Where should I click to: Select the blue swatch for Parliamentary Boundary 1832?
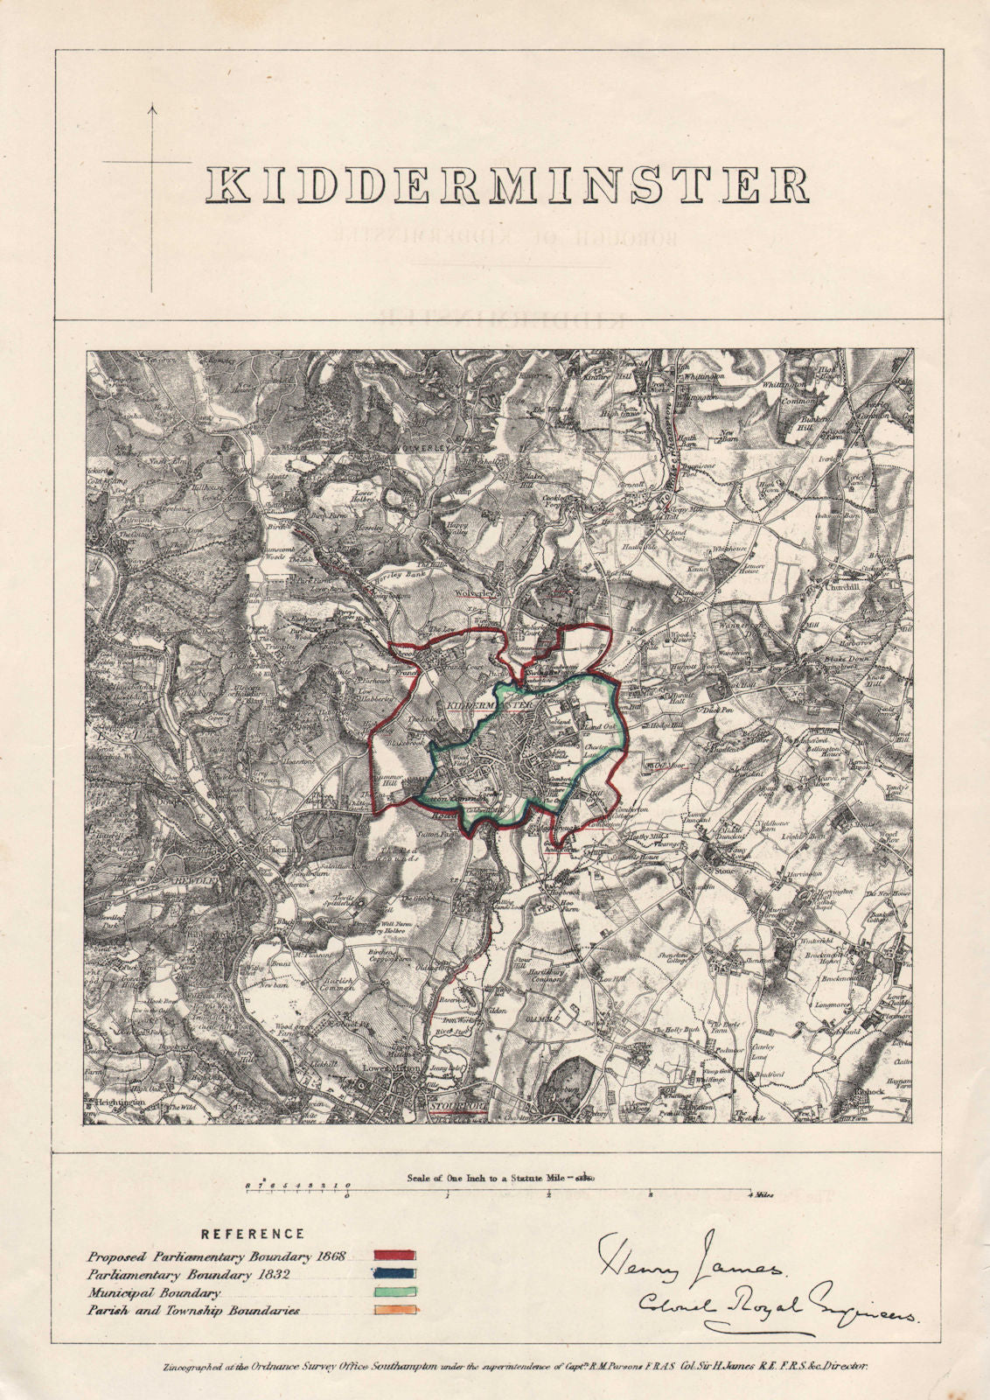pyautogui.click(x=394, y=1274)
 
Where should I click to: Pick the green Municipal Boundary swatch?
pyautogui.click(x=394, y=1291)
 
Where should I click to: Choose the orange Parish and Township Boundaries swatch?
pyautogui.click(x=394, y=1310)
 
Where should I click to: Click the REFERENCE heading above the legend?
pyautogui.click(x=253, y=1235)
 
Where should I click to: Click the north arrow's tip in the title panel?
pyautogui.click(x=151, y=107)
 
